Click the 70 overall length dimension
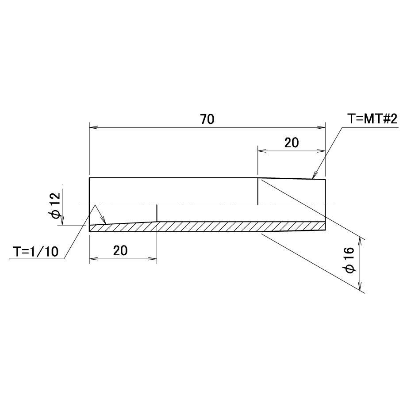pyautogui.click(x=207, y=119)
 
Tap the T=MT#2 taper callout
pyautogui.click(x=372, y=119)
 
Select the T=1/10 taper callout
pyautogui.click(x=36, y=251)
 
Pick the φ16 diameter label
pyautogui.click(x=350, y=260)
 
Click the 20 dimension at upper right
pyautogui.click(x=292, y=143)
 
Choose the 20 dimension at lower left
pyautogui.click(x=120, y=251)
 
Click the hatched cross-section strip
pyautogui.click(x=207, y=227)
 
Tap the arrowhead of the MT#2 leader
pyautogui.click(x=315, y=175)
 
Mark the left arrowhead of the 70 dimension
pyautogui.click(x=93, y=127)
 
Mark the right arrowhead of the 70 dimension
pyautogui.click(x=321, y=127)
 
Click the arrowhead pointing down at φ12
pyautogui.click(x=62, y=221)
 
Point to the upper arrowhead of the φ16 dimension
pyautogui.click(x=360, y=241)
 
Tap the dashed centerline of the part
pyautogui.click(x=207, y=205)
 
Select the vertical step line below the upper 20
pyautogui.click(x=257, y=191)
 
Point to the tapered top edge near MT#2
pyautogui.click(x=292, y=179)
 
